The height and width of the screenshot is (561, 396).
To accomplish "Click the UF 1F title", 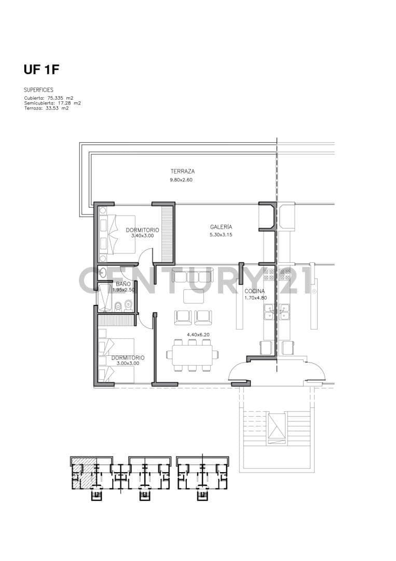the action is [x=41, y=70].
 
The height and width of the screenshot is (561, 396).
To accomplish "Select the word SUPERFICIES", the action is [x=38, y=90].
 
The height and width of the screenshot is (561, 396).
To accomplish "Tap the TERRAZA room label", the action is [x=182, y=172].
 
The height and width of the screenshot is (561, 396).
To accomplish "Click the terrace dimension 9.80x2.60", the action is [x=181, y=180].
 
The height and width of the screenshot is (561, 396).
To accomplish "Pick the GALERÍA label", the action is [x=221, y=227].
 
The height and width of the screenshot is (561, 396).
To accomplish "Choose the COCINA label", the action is [x=255, y=291].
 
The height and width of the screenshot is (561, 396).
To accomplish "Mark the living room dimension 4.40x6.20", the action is [x=198, y=335].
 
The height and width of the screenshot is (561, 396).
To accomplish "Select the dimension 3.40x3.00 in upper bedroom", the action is [x=142, y=236].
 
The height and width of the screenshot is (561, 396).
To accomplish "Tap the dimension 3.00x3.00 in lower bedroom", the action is [x=128, y=363].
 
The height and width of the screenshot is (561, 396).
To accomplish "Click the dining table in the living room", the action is [x=192, y=355].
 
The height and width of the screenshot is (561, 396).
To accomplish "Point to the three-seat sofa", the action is [x=192, y=275].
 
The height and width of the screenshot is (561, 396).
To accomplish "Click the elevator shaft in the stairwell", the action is [x=277, y=428].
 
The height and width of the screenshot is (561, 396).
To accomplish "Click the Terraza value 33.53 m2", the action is [x=47, y=108].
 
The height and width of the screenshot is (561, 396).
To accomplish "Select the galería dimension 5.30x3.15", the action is [x=221, y=235].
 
